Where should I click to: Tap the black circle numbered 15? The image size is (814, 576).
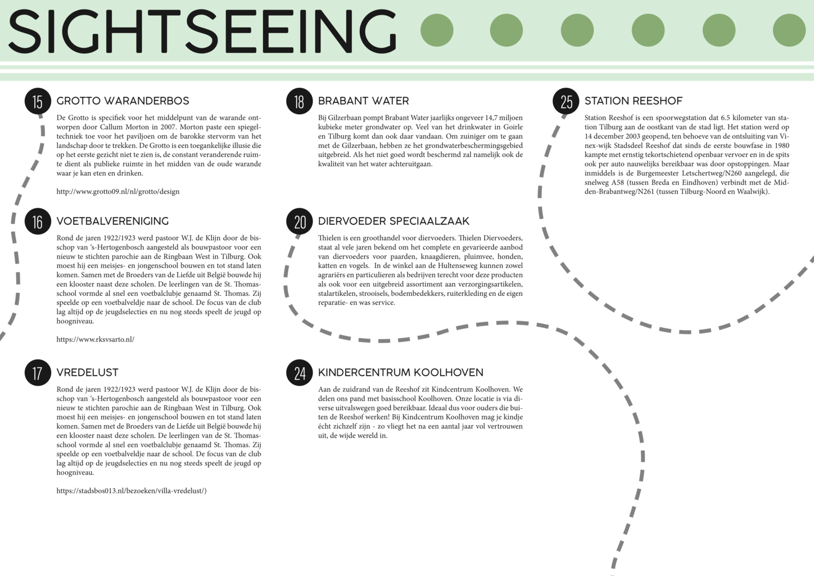click(38, 101)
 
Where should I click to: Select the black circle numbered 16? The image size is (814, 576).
click(38, 222)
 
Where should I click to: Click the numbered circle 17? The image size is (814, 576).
click(38, 373)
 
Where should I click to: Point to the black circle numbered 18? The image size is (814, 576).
click(299, 101)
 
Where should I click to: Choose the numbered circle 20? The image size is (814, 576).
click(299, 222)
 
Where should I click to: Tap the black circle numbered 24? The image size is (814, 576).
click(299, 373)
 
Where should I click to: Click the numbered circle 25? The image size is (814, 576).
click(566, 101)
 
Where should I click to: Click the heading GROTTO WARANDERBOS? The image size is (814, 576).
click(123, 101)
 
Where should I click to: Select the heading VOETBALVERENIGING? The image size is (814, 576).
click(112, 222)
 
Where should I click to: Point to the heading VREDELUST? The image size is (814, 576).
click(87, 373)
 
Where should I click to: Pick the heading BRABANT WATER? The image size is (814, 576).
click(363, 101)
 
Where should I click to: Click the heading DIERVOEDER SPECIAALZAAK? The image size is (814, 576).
click(394, 222)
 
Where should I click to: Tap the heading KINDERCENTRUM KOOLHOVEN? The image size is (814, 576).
click(400, 373)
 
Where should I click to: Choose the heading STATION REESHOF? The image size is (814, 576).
click(633, 101)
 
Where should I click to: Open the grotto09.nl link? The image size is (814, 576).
click(118, 192)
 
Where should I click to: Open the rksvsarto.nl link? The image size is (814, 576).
click(95, 340)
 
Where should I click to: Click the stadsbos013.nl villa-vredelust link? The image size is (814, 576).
click(131, 491)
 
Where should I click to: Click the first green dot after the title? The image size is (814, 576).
click(437, 30)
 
